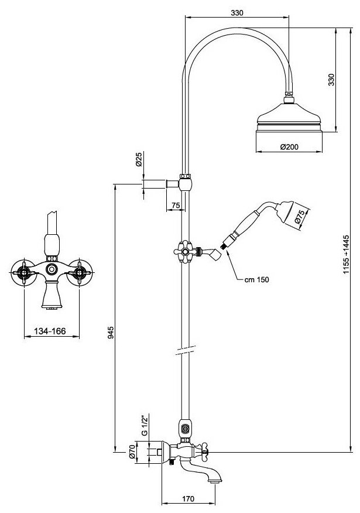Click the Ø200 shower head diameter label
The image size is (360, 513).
(290, 148)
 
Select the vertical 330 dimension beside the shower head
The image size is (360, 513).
(331, 80)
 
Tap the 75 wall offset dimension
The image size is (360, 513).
(175, 205)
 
